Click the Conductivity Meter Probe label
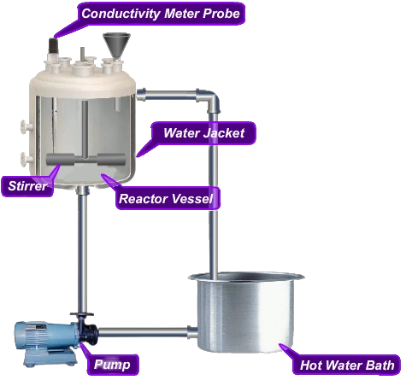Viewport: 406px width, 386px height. pyautogui.click(x=161, y=14)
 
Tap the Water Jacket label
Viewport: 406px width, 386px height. pyautogui.click(x=203, y=133)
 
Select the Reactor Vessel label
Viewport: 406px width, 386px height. pyautogui.click(x=166, y=198)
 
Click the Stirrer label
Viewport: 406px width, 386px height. pyautogui.click(x=27, y=186)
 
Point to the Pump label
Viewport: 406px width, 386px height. pyautogui.click(x=112, y=365)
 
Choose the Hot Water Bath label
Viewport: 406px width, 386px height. pyautogui.click(x=347, y=365)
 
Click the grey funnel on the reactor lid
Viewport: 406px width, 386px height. pyautogui.click(x=116, y=46)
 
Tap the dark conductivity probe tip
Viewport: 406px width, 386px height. pyautogui.click(x=53, y=44)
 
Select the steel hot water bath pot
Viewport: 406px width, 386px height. pyautogui.click(x=245, y=312)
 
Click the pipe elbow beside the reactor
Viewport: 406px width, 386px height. pyautogui.click(x=210, y=100)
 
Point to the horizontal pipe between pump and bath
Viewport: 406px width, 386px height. pyautogui.click(x=143, y=331)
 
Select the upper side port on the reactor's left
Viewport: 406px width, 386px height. pyautogui.click(x=26, y=126)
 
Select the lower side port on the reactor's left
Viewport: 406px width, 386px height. pyautogui.click(x=26, y=159)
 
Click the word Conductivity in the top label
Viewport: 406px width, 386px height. pyautogui.click(x=121, y=14)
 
